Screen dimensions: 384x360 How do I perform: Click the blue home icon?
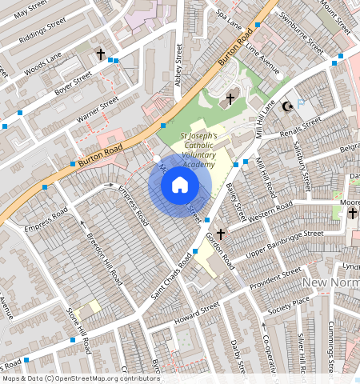180,186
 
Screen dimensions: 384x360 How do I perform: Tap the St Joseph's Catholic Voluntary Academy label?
188,150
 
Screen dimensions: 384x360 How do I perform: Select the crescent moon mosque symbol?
289,106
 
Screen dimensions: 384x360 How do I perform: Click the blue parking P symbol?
302,103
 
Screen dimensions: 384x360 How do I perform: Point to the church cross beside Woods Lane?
101,54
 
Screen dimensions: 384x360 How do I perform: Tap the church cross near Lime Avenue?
230,99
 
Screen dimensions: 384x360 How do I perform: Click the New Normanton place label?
331,283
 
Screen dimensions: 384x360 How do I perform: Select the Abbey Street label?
178,71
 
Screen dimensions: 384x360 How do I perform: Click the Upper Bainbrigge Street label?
283,243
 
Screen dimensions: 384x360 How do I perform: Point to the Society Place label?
289,305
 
